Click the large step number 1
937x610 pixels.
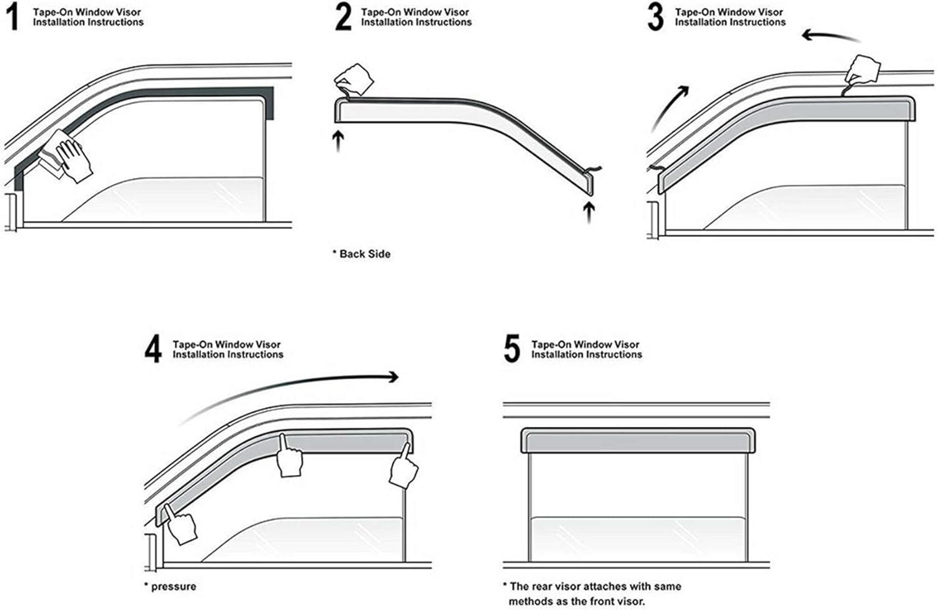(x=14, y=17)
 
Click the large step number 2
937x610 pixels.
(x=344, y=17)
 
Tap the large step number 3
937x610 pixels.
(x=655, y=17)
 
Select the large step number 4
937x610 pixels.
(x=153, y=348)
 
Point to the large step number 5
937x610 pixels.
(x=512, y=348)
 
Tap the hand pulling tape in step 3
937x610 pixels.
(x=863, y=71)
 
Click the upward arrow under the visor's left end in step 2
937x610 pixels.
(x=339, y=141)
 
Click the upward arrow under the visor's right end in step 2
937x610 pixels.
(x=589, y=212)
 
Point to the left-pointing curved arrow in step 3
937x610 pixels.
(x=830, y=37)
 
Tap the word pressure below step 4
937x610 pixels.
(x=174, y=587)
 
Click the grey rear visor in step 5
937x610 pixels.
(x=638, y=441)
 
